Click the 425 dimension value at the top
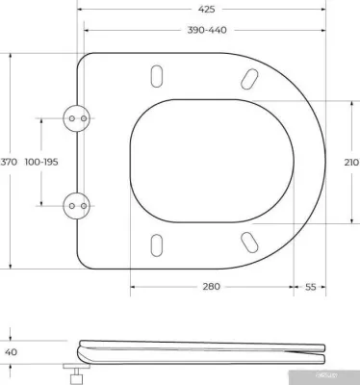[x=207, y=9]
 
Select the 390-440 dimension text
[x=207, y=31]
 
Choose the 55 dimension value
[x=311, y=288]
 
